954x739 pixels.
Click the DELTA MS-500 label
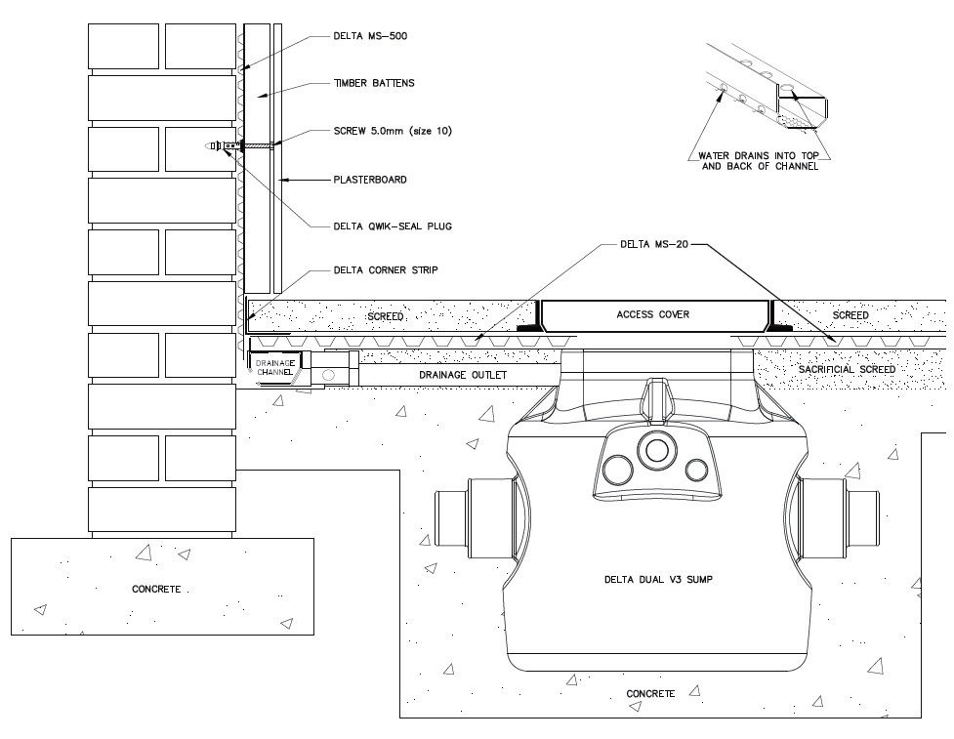370,36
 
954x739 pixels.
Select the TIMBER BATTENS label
374,83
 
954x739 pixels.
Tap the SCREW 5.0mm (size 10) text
393,131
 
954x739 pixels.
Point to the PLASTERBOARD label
370,180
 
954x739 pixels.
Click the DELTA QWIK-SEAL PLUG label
393,226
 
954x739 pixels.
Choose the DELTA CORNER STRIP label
385,270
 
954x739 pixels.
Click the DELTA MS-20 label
654,244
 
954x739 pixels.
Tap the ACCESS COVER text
653,314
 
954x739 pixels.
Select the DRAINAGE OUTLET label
463,375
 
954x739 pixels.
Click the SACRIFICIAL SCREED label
847,369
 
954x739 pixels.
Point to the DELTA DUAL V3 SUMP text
658,580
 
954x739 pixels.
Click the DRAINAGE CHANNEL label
275,367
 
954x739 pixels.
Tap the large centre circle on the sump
656,450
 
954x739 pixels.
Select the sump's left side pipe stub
476,517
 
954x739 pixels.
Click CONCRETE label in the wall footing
156,589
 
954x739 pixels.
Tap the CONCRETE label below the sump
650,693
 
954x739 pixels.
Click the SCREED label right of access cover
850,315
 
